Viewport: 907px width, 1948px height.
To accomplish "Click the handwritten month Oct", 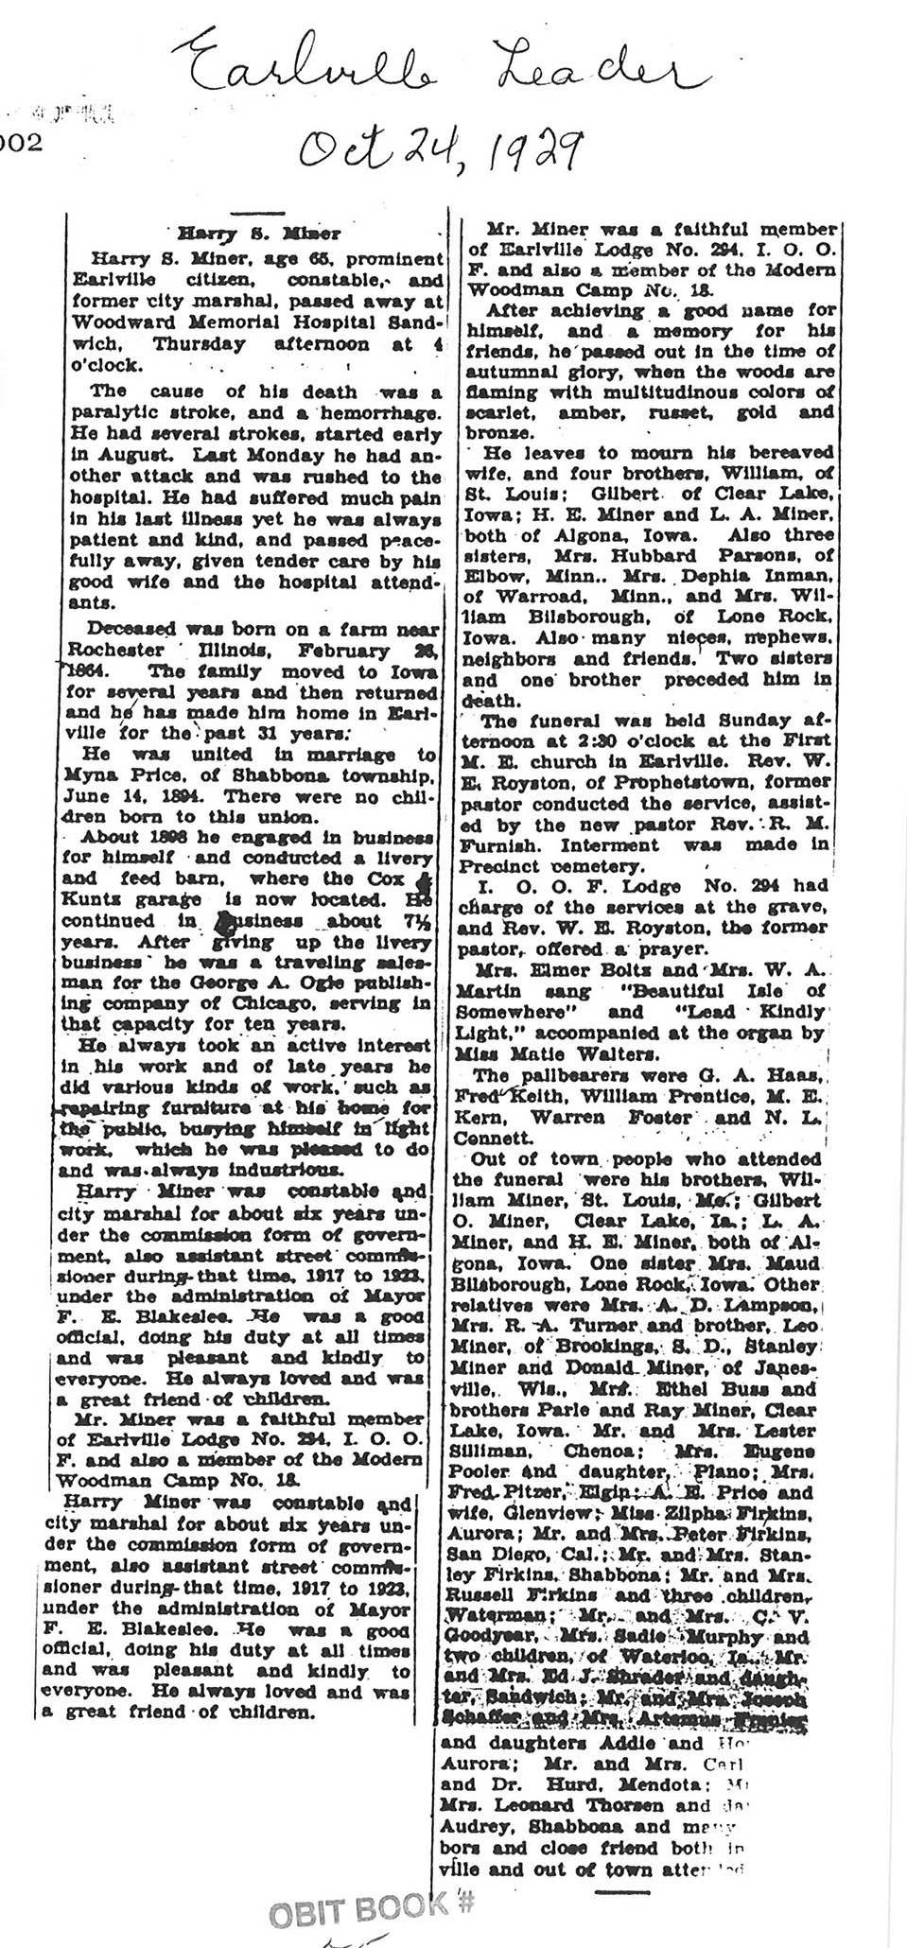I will [338, 148].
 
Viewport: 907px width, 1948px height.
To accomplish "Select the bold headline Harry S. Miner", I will [258, 231].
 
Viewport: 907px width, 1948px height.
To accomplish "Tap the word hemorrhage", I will [381, 413].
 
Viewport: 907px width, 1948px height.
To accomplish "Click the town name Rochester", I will [112, 650].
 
